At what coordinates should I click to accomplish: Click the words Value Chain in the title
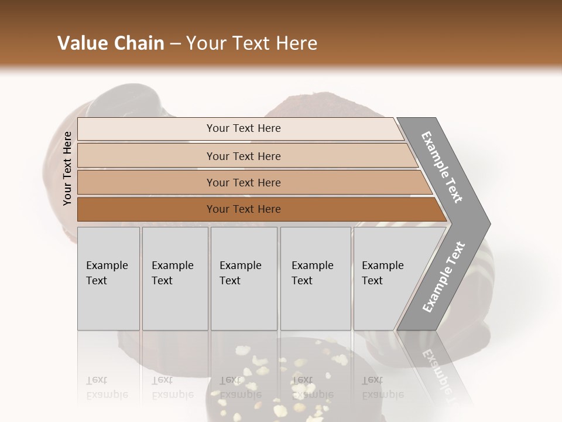(x=111, y=43)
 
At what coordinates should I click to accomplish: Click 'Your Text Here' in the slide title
(x=252, y=43)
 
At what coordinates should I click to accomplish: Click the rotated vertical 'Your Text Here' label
(x=67, y=168)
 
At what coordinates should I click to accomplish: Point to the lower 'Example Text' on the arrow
(x=444, y=277)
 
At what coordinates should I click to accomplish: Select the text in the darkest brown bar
(x=244, y=209)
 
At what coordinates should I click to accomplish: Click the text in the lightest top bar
(x=244, y=128)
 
